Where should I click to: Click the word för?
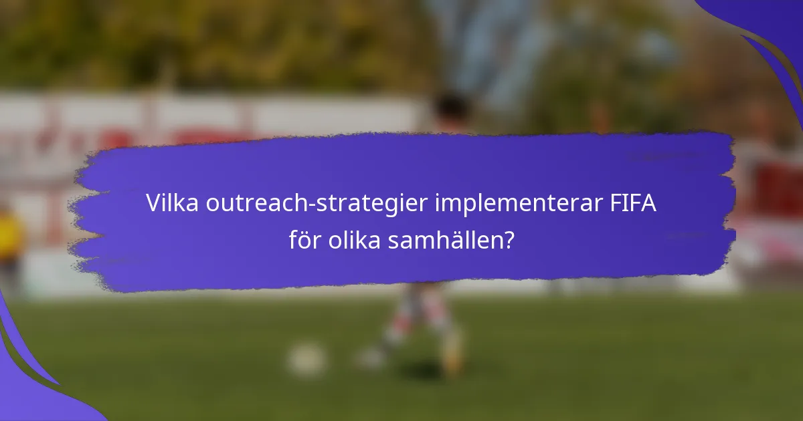304,241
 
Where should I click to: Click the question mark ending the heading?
509,241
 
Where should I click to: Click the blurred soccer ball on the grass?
306,360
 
